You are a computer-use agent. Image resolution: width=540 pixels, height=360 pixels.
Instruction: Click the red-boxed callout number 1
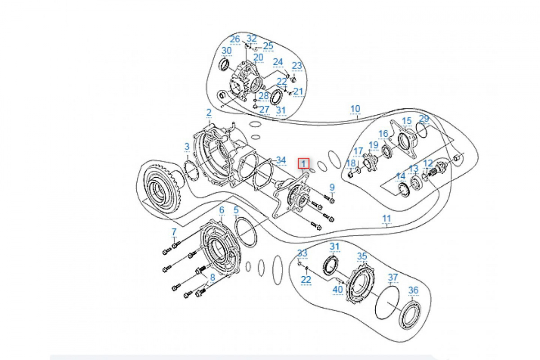tap(305, 163)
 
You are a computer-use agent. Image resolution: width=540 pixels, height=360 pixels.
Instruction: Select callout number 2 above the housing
tap(209, 112)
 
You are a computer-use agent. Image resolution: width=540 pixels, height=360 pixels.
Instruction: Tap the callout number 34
tap(281, 160)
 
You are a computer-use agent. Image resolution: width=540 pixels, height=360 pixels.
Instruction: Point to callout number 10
tap(355, 108)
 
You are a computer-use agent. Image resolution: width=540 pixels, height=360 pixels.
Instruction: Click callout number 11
tap(387, 219)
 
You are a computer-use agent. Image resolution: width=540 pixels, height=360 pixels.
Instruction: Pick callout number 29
tap(424, 119)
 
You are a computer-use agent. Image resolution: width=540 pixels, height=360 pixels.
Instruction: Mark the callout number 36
tap(413, 291)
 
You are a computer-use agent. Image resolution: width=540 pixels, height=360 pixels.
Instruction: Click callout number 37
tap(393, 277)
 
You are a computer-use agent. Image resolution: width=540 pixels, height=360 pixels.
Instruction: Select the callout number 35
tap(362, 256)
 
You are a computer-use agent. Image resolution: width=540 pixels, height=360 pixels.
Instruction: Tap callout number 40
tap(337, 290)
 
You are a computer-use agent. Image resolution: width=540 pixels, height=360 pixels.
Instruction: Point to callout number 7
tap(174, 232)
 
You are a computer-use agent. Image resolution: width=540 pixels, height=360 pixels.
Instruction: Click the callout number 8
tap(212, 278)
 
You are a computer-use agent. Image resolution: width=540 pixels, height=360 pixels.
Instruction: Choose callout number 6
tap(221, 210)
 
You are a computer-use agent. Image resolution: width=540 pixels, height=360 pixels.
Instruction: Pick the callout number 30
tap(226, 51)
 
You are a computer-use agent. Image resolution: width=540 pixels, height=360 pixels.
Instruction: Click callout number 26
tap(235, 39)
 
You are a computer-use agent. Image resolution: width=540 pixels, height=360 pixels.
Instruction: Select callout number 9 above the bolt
tap(332, 187)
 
